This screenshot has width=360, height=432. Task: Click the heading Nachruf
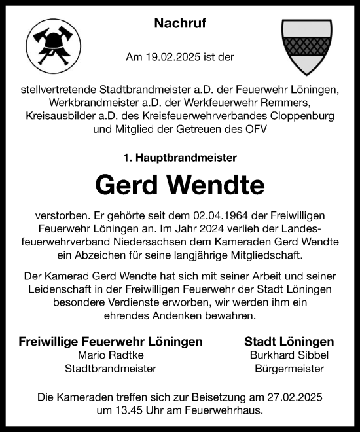click(180, 24)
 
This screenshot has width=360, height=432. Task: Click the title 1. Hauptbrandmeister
click(180, 158)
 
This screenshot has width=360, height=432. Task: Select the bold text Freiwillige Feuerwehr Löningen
click(111, 342)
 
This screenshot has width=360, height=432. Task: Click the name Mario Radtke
click(111, 355)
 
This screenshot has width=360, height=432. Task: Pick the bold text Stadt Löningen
click(289, 342)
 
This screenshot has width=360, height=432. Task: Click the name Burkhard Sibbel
click(289, 355)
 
